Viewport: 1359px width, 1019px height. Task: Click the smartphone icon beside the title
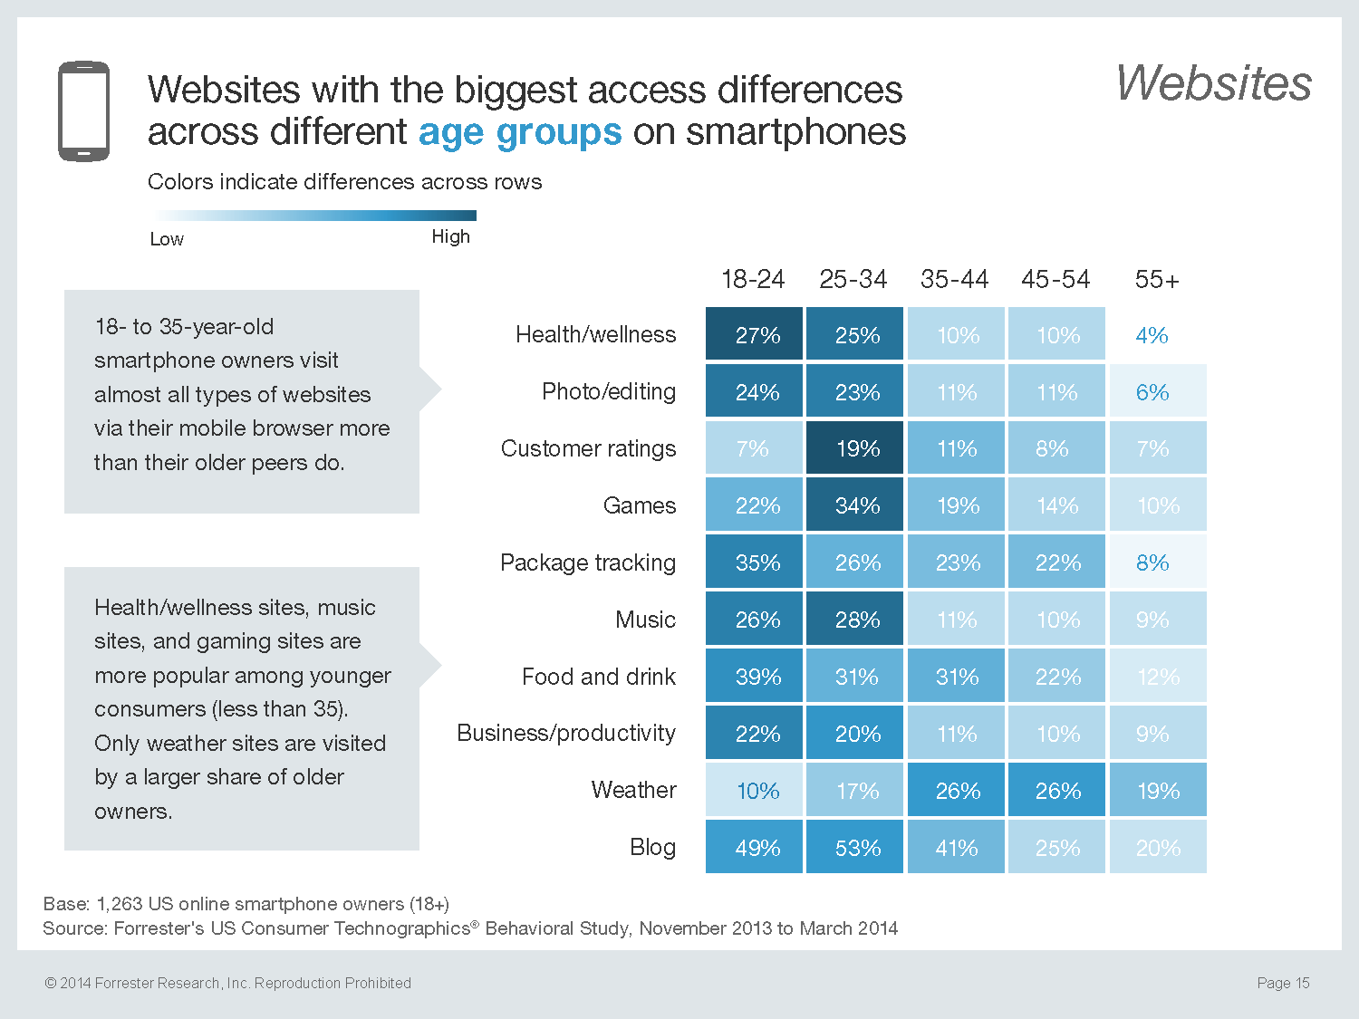[x=83, y=111]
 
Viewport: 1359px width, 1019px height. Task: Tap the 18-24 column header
[x=753, y=279]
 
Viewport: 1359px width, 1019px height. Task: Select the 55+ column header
[x=1157, y=280]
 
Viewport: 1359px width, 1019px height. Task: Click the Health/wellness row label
[x=595, y=334]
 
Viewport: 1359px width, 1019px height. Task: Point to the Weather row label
[x=633, y=790]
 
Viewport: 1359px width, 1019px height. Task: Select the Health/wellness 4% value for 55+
[x=1152, y=335]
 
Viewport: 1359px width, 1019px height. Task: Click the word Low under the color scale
[x=167, y=239]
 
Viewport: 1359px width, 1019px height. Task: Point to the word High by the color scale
[x=450, y=236]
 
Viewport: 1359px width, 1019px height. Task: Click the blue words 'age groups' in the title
[x=520, y=132]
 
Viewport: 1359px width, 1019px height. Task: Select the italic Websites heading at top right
[x=1213, y=83]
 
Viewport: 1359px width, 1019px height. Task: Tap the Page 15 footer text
[x=1283, y=983]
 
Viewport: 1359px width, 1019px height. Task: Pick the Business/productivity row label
[x=566, y=733]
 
